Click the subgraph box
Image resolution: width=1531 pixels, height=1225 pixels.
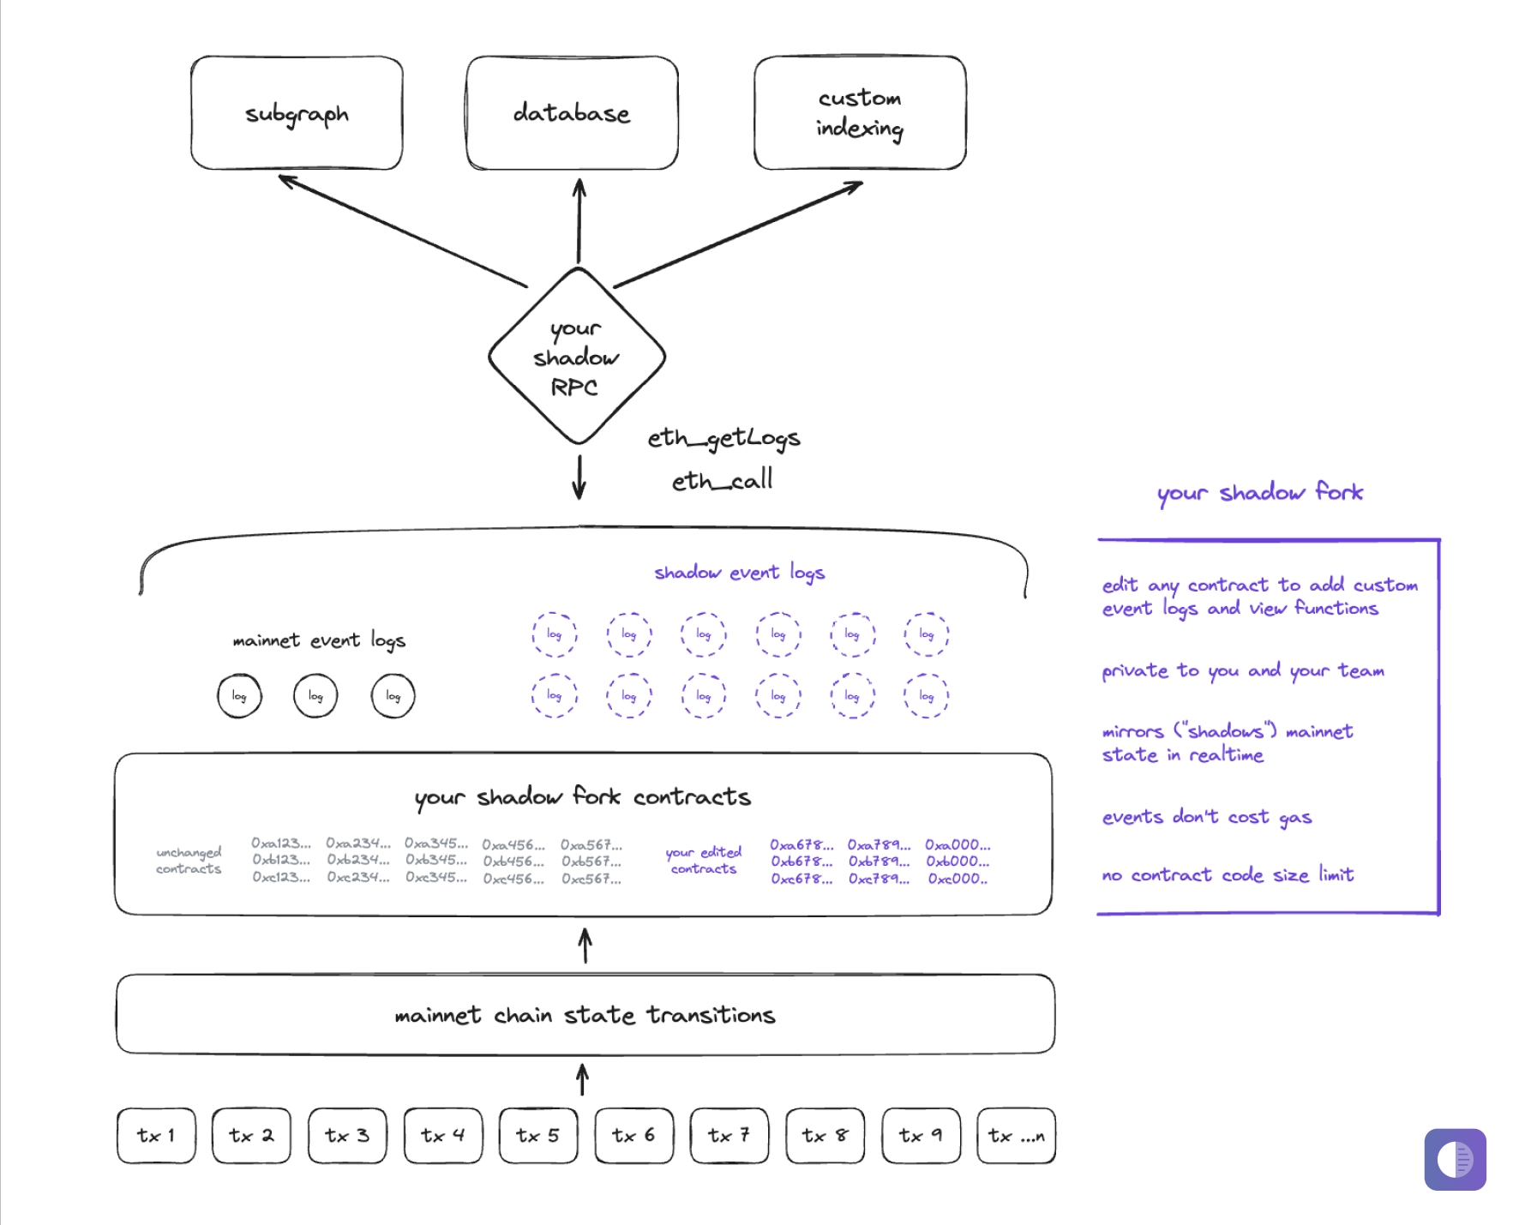coord(297,113)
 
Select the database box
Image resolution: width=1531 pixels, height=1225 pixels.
coord(572,113)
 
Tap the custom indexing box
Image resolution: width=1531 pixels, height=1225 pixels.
coord(860,113)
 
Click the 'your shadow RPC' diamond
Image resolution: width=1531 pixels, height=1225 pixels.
coord(576,357)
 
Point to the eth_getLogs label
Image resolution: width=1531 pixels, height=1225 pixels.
coord(723,438)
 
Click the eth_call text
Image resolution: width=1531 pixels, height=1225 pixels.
coord(722,481)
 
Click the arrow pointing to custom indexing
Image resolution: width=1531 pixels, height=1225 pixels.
coord(737,234)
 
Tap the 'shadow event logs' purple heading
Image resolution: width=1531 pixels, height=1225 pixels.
coord(739,572)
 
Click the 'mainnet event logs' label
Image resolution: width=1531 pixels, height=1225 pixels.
coord(319,640)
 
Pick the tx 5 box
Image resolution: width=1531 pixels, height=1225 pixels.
coord(538,1135)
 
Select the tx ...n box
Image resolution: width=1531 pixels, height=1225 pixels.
coord(1016,1135)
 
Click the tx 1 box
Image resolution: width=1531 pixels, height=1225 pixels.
coord(156,1135)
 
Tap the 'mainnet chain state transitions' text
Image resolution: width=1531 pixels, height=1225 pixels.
coord(585,1015)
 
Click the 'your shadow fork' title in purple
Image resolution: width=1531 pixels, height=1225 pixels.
coord(1259,492)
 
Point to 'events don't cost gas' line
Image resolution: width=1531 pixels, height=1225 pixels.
coord(1206,817)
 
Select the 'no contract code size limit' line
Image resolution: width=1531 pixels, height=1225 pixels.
coord(1228,874)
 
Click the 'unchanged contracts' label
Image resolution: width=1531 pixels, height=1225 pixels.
coord(189,860)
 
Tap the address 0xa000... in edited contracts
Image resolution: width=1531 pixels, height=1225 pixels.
coord(958,844)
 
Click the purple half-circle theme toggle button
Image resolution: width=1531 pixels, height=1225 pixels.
coord(1455,1159)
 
